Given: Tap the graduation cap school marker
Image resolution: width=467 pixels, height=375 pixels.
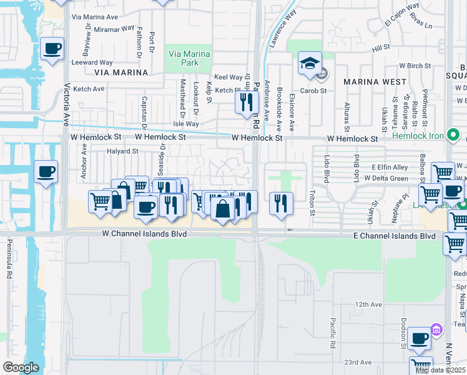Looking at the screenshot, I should pyautogui.click(x=310, y=64).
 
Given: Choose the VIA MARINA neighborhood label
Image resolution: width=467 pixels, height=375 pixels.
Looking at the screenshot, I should pyautogui.click(x=121, y=72).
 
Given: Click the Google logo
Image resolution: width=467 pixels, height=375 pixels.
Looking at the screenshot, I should pyautogui.click(x=21, y=367).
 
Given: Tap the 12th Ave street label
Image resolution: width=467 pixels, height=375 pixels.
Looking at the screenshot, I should pyautogui.click(x=368, y=304).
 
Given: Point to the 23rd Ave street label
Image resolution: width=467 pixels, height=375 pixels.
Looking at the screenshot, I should pyautogui.click(x=358, y=362).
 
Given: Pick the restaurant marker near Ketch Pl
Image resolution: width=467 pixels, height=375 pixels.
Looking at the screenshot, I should pyautogui.click(x=247, y=101).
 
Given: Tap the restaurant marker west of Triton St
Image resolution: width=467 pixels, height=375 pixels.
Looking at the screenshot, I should pyautogui.click(x=281, y=202).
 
